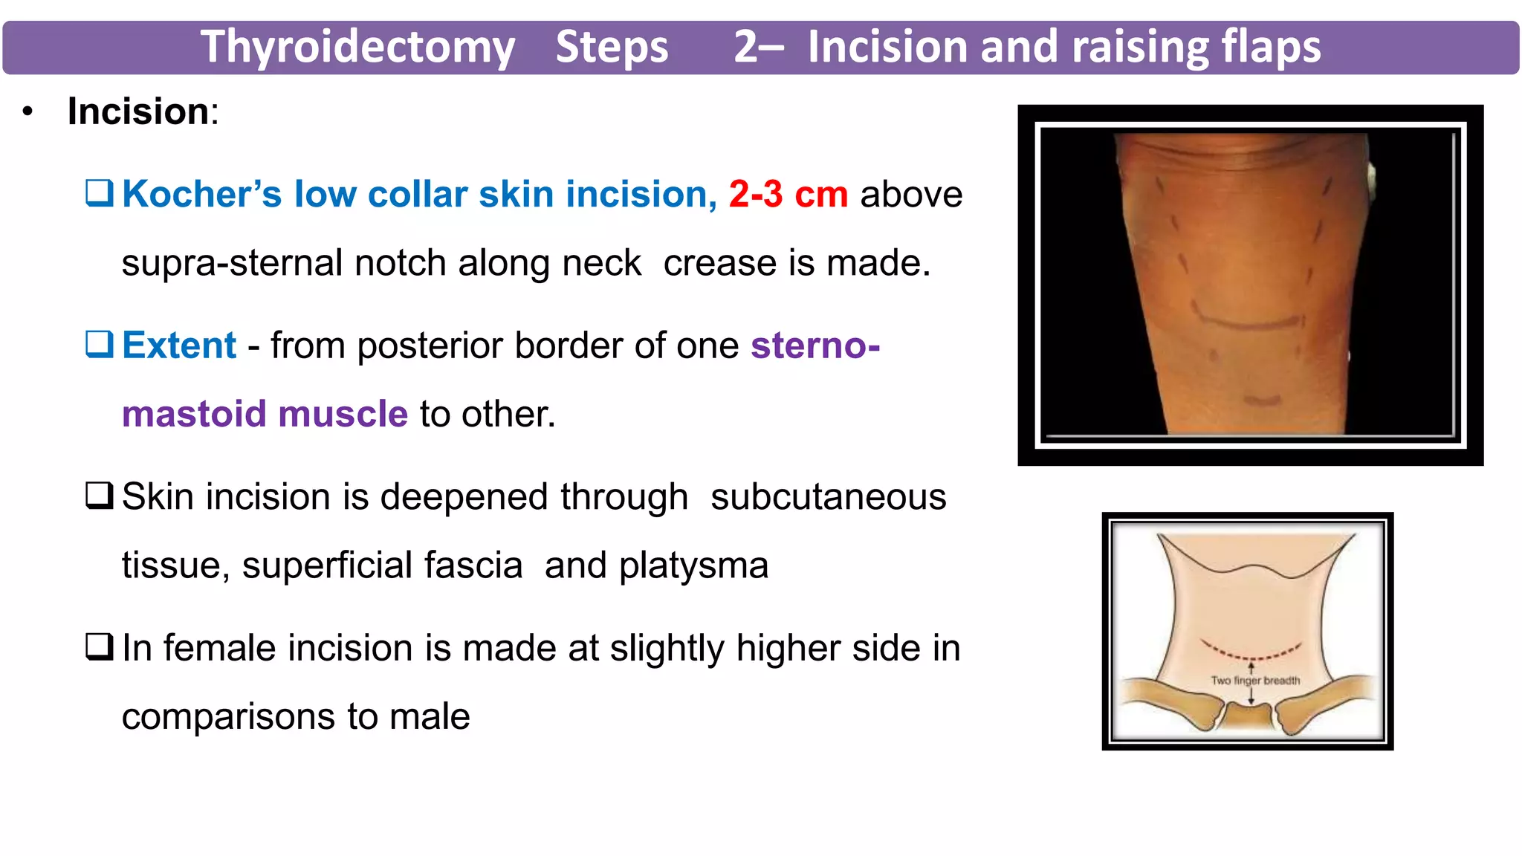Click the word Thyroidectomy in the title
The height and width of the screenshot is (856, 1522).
pos(357,47)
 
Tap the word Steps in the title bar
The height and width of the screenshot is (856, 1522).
pos(612,47)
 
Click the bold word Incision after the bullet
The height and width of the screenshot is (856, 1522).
pos(139,111)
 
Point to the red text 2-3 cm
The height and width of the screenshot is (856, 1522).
pos(788,194)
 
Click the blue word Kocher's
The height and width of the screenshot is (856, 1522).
pos(201,194)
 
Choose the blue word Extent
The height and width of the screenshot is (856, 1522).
pos(179,346)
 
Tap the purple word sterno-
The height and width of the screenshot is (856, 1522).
pos(815,346)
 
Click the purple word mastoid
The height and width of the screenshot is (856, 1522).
pos(194,414)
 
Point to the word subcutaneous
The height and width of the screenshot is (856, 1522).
pos(828,496)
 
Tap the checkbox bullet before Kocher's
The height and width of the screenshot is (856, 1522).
pos(100,193)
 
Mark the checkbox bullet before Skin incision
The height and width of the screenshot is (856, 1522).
pos(100,496)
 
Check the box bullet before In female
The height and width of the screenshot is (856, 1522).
pos(100,647)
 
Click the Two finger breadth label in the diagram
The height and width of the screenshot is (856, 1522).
pos(1255,680)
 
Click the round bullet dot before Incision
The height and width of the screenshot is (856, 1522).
pos(28,112)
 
